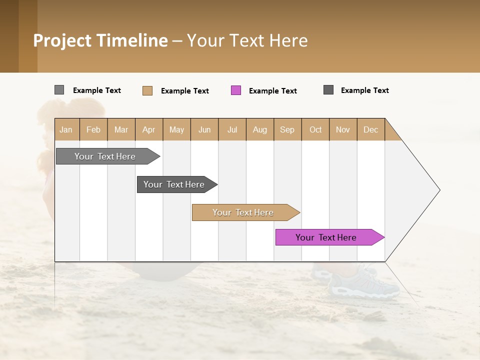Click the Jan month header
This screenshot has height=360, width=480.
pos(66,129)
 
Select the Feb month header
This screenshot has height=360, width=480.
pos(93,129)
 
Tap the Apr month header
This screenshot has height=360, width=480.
pos(149,129)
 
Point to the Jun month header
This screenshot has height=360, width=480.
pos(204,129)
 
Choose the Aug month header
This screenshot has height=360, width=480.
pos(260,129)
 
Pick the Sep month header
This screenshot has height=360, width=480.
pos(287,129)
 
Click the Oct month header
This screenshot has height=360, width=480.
pos(315,129)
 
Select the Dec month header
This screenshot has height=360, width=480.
pos(371,129)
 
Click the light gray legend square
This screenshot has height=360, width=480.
pos(59,90)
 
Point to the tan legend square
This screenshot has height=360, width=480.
pos(147,90)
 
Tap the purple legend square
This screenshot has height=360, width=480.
pos(236,90)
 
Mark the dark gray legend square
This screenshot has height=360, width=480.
pos(328,90)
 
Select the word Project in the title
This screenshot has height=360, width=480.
pos(62,40)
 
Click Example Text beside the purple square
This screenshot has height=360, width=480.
pos(273,91)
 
